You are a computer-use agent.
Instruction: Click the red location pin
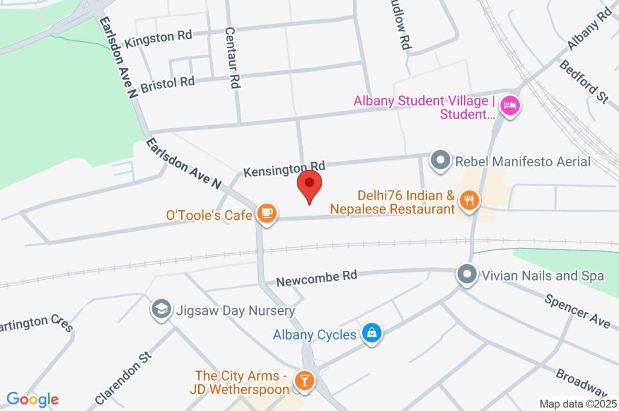[x=310, y=184]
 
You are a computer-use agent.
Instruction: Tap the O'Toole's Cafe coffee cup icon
[x=267, y=213]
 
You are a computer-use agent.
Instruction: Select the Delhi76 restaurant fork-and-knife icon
[x=468, y=200]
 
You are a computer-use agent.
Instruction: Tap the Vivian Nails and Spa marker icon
[x=467, y=275]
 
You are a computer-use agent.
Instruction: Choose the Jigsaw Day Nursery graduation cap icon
[x=160, y=309]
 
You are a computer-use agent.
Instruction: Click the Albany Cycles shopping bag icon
[x=371, y=333]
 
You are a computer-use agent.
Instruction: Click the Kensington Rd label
[x=284, y=169]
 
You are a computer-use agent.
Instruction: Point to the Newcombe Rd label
[x=317, y=277]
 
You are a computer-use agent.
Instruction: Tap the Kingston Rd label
[x=158, y=39]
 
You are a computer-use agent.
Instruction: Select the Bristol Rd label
[x=167, y=84]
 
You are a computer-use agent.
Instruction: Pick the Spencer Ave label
[x=577, y=311]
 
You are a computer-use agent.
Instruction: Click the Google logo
[x=32, y=400]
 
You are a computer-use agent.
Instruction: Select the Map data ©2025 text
[x=578, y=403]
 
